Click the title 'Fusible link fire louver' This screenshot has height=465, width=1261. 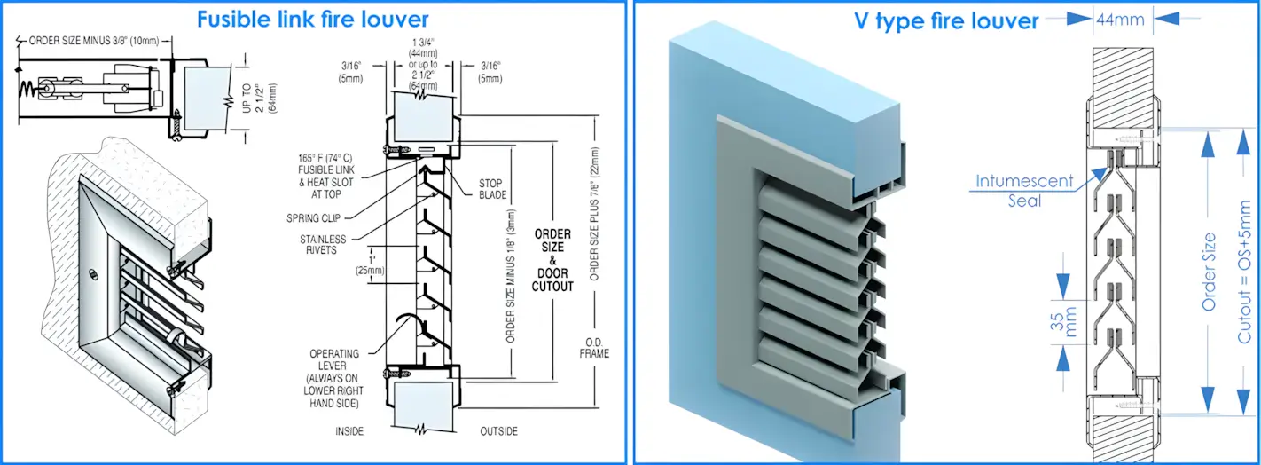coord(312,19)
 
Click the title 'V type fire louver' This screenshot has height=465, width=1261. coord(945,20)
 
